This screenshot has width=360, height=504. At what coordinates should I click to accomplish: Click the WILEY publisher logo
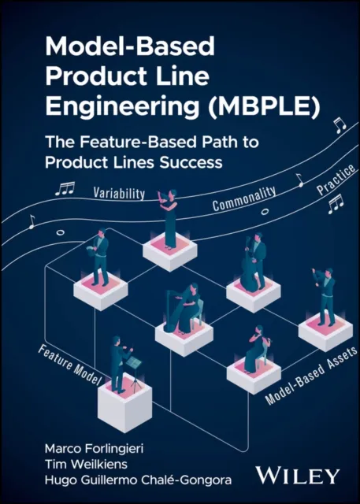click(x=298, y=474)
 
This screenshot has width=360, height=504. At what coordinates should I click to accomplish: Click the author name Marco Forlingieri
click(x=87, y=448)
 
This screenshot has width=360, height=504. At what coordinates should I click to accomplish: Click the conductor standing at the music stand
click(x=118, y=362)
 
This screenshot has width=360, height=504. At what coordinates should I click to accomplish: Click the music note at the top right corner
click(x=339, y=124)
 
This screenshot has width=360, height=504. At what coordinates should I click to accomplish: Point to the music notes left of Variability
click(x=65, y=188)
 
